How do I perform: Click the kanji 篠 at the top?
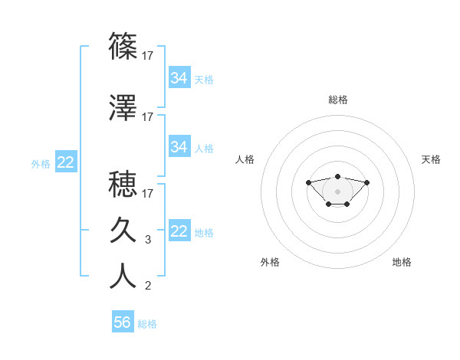coord(123,46)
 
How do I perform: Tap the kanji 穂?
coord(123,185)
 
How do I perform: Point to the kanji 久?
coord(123,230)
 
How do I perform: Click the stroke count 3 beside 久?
coord(148,240)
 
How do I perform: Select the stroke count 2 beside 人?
coord(148,286)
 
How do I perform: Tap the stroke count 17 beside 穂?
coord(148,193)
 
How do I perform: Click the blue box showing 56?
coord(123,322)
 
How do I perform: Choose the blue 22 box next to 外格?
coord(65,162)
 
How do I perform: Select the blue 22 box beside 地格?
coord(179,231)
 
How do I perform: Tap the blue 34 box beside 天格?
coord(179,78)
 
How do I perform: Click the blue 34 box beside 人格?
coord(179,146)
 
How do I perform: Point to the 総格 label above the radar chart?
coord(338,100)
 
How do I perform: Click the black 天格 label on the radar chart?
coord(431,159)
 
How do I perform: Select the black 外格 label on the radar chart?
coord(270,263)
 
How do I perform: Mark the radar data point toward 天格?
coord(366,182)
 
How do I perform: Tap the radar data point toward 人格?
coord(309,182)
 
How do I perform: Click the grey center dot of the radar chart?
coord(337,191)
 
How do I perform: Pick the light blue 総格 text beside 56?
coord(147,324)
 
